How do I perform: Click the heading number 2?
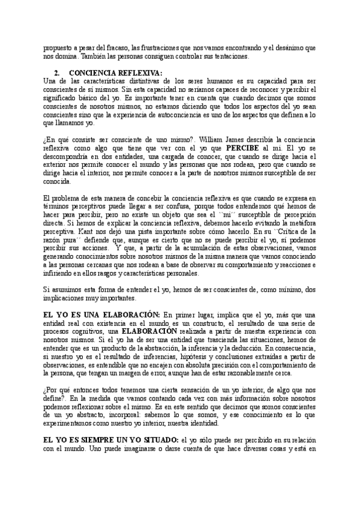[x=55, y=73]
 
